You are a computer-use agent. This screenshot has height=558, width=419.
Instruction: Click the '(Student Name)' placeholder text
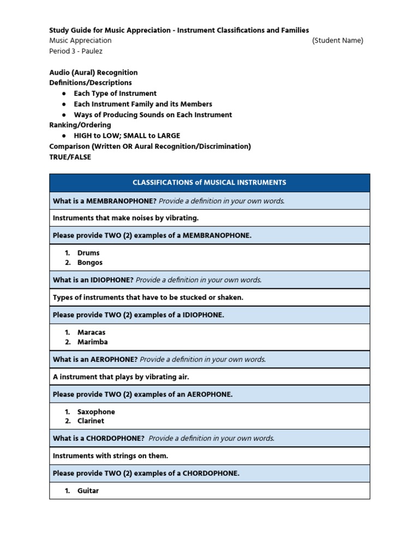337,40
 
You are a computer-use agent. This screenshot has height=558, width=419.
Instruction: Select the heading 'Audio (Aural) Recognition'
93,72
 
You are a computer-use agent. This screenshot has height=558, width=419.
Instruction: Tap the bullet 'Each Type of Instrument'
115,93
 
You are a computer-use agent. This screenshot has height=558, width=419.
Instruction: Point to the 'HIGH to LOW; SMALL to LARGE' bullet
127,136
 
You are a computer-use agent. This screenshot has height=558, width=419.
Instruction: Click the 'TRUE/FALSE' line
70,157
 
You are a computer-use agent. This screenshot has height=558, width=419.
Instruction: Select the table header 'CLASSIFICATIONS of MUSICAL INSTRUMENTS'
209,183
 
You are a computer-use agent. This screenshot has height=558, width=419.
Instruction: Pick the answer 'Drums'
88,253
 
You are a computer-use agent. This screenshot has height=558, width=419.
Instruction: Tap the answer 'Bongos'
90,263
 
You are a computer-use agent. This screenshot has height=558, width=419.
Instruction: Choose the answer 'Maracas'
92,332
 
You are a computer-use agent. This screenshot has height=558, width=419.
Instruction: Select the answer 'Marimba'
93,342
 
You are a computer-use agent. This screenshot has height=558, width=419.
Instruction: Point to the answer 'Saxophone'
96,412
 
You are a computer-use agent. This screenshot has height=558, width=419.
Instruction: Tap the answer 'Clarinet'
91,421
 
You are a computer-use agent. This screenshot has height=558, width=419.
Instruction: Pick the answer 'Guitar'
88,491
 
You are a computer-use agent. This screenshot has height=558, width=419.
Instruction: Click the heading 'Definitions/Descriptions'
91,83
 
